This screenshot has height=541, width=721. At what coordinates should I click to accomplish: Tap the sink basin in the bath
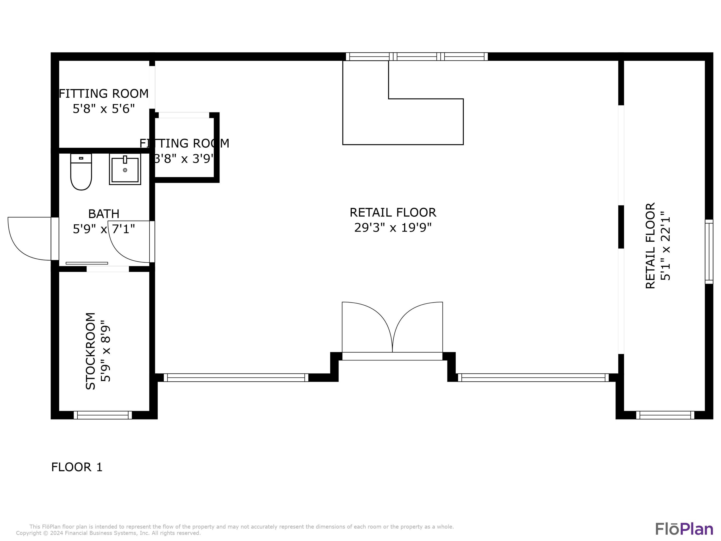[x=125, y=170]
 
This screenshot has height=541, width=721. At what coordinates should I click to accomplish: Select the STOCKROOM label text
[x=91, y=351]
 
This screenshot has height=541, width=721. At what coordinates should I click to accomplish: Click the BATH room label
[x=104, y=214]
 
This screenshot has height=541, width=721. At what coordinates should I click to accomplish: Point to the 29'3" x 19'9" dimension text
[x=393, y=228]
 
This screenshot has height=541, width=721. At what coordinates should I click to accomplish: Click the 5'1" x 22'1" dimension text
[x=665, y=246]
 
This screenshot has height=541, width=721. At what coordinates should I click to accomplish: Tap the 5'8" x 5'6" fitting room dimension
[x=104, y=109]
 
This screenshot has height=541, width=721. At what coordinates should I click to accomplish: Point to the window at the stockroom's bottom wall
[x=103, y=415]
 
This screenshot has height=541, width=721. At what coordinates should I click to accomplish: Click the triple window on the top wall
[x=416, y=57]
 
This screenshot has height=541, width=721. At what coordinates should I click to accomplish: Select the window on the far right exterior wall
[x=709, y=252]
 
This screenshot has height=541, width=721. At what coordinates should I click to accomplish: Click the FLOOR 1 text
[x=77, y=467]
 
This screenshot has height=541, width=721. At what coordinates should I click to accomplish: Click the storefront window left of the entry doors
[x=236, y=378]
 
